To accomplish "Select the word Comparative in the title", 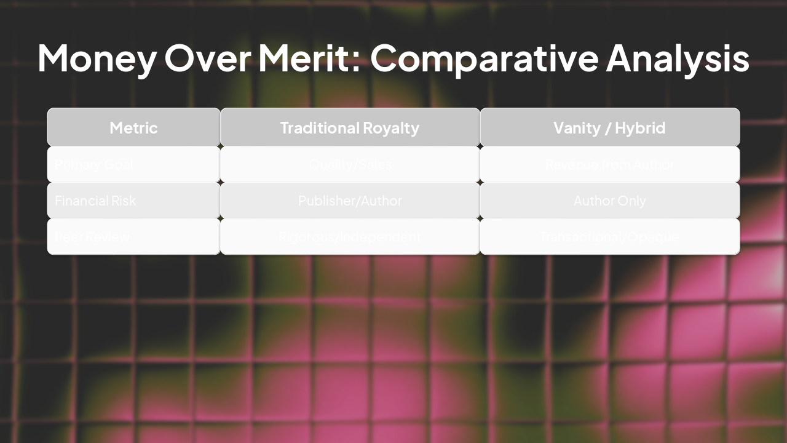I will pyautogui.click(x=484, y=58).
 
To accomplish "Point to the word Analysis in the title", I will pyautogui.click(x=678, y=58).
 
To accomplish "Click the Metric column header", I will pyautogui.click(x=133, y=128).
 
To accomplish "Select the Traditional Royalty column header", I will pyautogui.click(x=350, y=128).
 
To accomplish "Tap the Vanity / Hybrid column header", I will pyautogui.click(x=609, y=128).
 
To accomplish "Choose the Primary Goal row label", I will pyautogui.click(x=94, y=164).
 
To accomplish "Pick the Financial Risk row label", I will pyautogui.click(x=95, y=201).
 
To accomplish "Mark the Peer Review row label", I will pyautogui.click(x=92, y=237).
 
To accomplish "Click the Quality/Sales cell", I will pyautogui.click(x=350, y=164).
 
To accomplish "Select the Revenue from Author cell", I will pyautogui.click(x=609, y=164).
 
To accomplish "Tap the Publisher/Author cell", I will pyautogui.click(x=350, y=201).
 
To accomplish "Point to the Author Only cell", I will pyautogui.click(x=609, y=201).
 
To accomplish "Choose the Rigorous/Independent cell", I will pyautogui.click(x=350, y=237).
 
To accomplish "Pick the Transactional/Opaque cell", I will pyautogui.click(x=609, y=237).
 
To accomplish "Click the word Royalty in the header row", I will pyautogui.click(x=390, y=128).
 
